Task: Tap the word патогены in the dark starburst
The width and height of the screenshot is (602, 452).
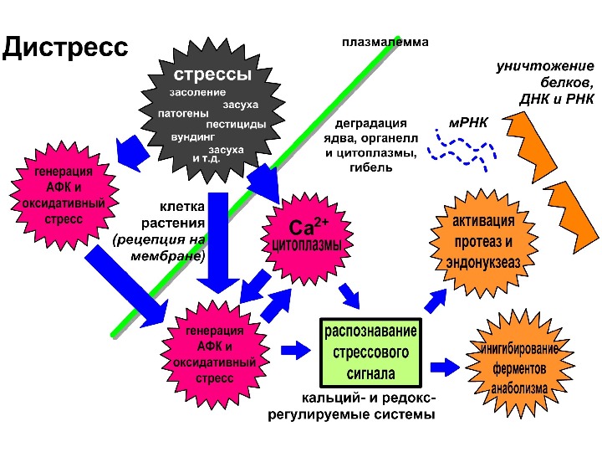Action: coord(182,111)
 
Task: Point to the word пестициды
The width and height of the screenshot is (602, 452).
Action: coord(236,124)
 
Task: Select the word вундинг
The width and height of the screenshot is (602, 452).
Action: coord(193,136)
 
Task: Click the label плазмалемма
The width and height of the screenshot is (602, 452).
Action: coord(385,41)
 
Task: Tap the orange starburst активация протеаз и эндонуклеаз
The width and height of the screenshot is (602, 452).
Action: coord(482,242)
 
